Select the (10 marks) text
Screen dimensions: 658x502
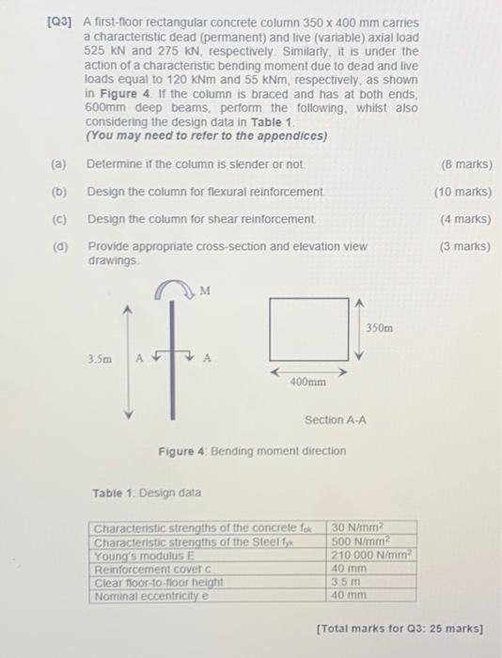click(x=463, y=192)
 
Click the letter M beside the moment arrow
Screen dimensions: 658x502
click(x=204, y=290)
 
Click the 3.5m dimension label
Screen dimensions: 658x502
click(x=101, y=358)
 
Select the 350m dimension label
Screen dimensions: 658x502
click(x=382, y=328)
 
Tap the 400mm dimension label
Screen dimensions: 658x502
click(x=307, y=383)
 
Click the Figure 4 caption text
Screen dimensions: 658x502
click(x=252, y=451)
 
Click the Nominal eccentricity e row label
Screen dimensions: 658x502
click(x=151, y=595)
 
